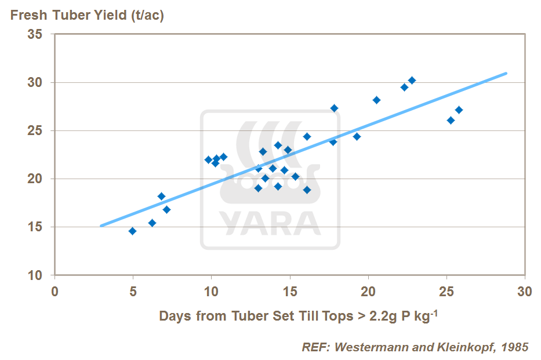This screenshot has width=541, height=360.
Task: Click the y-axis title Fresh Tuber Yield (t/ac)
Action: pos(87,15)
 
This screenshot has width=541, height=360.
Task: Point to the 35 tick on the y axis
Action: pos(35,34)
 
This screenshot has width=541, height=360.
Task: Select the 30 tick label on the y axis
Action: pos(35,82)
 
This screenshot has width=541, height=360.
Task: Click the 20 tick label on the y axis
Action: pos(35,179)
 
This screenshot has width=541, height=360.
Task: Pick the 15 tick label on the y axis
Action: pos(35,227)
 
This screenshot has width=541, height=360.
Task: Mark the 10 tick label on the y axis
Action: pos(35,275)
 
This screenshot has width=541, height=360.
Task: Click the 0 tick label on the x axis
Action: pos(55,290)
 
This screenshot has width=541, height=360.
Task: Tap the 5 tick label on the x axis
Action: pos(133,290)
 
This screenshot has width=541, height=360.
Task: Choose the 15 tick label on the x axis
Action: pos(289,290)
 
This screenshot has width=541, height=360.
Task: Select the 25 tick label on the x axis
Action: pos(446,290)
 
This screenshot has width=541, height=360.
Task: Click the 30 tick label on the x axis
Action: pos(524,290)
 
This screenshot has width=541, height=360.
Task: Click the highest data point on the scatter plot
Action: pos(412,80)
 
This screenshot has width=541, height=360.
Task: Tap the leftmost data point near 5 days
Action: pos(132,231)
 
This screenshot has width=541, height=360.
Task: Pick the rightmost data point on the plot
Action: pos(459,110)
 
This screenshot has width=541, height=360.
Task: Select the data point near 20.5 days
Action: pos(376,100)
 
